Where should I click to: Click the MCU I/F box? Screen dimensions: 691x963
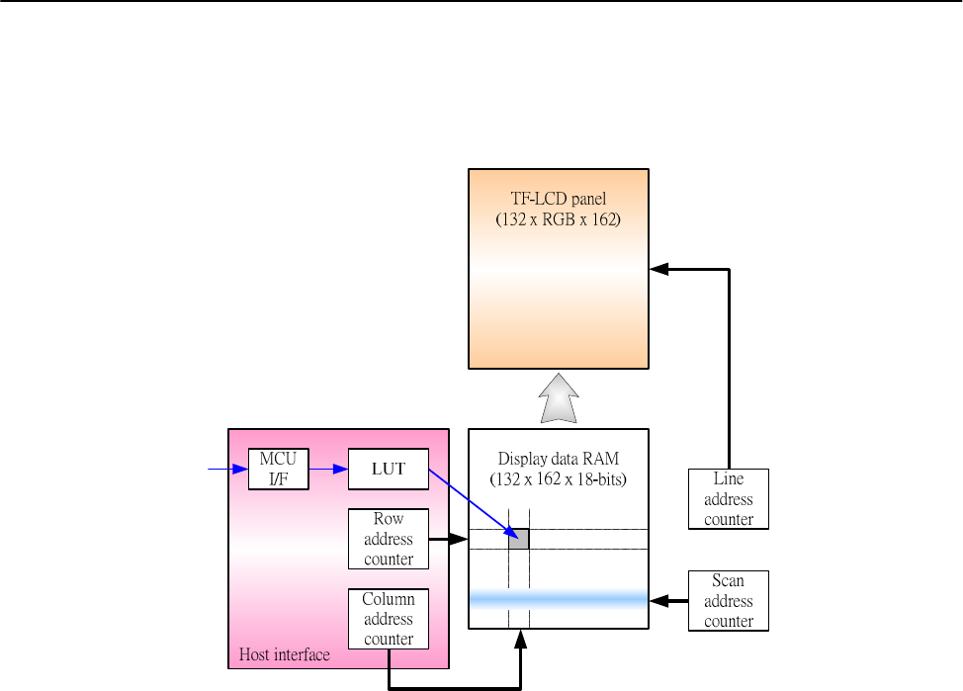[x=279, y=469]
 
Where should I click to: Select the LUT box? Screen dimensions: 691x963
[x=389, y=469]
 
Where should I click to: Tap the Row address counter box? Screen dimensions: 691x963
[x=389, y=539]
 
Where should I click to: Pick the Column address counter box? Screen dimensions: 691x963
[x=389, y=619]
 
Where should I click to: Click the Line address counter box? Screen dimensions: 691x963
[x=729, y=499]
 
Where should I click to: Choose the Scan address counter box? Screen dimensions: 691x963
[x=729, y=601]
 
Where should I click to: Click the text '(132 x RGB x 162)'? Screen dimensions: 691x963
[x=558, y=220]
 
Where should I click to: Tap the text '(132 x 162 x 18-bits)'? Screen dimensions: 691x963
[x=558, y=479]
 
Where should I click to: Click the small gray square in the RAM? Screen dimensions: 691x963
[x=519, y=539]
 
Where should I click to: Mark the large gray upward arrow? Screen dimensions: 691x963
[x=558, y=397]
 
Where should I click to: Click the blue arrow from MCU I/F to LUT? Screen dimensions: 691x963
[x=328, y=469]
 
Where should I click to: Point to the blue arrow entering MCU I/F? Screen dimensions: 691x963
[x=227, y=469]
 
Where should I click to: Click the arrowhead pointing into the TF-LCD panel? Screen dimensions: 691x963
[x=657, y=269]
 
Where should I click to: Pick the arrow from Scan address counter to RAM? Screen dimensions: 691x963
[x=668, y=599]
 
